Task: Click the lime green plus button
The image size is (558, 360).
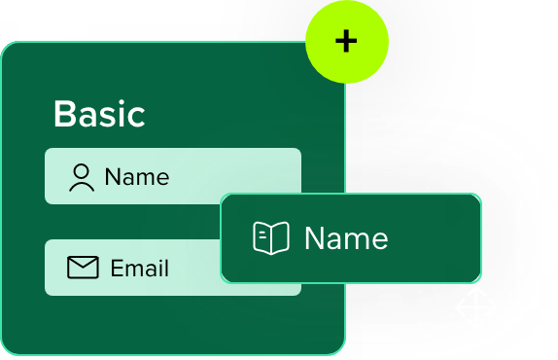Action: (347, 41)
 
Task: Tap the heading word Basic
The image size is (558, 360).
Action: (99, 114)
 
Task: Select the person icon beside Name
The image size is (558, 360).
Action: (82, 177)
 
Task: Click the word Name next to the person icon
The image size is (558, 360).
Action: (136, 177)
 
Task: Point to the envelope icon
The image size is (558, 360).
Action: (83, 268)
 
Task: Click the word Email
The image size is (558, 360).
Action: (140, 268)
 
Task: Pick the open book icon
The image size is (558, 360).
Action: (271, 238)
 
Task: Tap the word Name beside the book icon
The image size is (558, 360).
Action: (346, 238)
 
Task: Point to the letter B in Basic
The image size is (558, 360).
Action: (64, 114)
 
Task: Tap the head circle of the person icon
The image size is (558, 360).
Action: (82, 171)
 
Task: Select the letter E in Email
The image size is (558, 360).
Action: (117, 268)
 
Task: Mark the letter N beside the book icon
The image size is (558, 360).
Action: (314, 238)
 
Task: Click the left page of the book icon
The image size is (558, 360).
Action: (262, 238)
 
